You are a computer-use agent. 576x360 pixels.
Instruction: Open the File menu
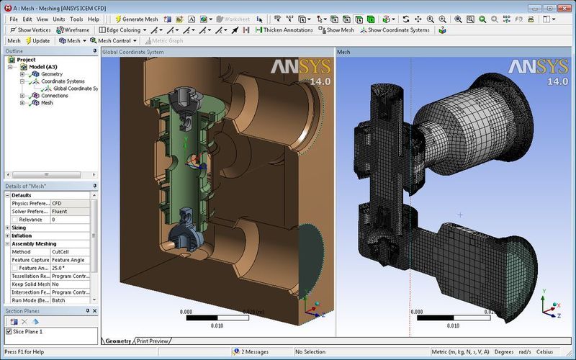click(x=14, y=19)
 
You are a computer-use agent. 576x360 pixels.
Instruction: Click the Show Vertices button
click(x=30, y=30)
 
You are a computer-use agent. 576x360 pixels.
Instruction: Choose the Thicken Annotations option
click(x=284, y=30)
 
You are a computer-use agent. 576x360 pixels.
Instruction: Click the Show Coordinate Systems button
click(x=398, y=30)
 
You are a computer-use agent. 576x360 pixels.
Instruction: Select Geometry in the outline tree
click(x=51, y=74)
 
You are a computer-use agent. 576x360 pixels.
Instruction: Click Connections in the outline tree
click(x=54, y=96)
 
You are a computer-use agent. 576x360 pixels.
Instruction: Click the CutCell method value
click(x=70, y=252)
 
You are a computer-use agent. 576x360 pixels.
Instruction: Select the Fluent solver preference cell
click(x=70, y=211)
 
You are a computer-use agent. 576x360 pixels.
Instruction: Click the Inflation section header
click(x=22, y=235)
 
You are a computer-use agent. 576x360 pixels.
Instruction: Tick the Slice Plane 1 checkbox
click(x=9, y=331)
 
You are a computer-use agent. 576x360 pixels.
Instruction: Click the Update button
click(x=37, y=41)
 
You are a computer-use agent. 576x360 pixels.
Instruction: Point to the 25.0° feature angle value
click(x=70, y=268)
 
